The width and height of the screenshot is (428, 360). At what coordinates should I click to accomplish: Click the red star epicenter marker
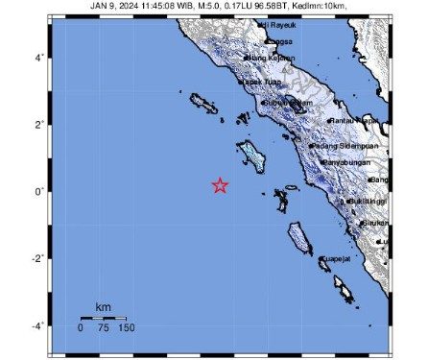(220, 185)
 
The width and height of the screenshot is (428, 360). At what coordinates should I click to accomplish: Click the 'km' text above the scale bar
(102, 307)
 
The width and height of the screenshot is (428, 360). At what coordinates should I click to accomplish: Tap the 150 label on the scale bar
(126, 328)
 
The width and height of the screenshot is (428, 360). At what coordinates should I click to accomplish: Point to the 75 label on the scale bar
(103, 328)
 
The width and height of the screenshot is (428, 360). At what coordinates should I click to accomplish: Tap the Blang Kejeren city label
(272, 58)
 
